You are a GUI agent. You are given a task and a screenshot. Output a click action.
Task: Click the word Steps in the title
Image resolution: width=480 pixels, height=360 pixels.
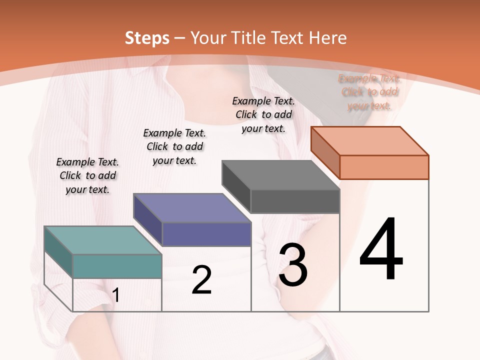[147, 38]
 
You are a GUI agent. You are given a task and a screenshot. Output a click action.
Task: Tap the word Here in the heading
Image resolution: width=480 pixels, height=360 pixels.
[327, 38]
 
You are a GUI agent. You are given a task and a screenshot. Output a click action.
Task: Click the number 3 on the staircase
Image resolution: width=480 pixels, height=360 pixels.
[293, 264]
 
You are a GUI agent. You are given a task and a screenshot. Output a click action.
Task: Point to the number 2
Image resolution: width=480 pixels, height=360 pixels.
[201, 280]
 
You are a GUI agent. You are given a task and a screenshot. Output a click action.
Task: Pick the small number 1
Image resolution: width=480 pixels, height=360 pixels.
[116, 295]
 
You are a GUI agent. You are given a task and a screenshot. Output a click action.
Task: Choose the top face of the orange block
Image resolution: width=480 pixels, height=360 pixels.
[369, 140]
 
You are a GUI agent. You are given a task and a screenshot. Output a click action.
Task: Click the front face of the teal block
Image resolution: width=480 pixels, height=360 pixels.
[117, 266]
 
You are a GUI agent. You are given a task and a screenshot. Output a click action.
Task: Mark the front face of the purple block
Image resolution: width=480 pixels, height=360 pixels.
[206, 234]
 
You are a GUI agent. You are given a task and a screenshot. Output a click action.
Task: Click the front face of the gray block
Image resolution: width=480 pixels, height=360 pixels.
[295, 201]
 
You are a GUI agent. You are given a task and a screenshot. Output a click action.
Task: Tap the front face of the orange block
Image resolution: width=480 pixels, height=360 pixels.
[384, 167]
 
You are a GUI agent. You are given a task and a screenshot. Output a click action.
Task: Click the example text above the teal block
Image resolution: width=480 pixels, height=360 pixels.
[87, 175]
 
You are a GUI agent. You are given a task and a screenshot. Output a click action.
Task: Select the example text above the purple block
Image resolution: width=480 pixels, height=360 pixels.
[174, 146]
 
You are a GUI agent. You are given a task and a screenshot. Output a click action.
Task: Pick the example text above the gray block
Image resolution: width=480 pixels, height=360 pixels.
[263, 114]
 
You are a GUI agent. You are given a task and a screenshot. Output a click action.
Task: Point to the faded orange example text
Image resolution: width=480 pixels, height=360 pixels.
[369, 92]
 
